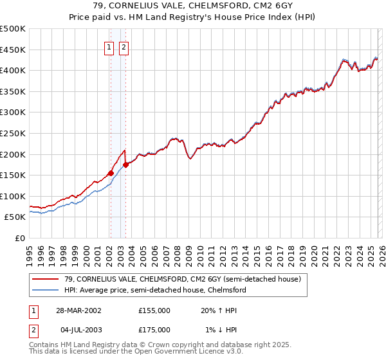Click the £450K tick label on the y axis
coord(13,50)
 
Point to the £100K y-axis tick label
coord(13,196)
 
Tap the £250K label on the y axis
coord(13,133)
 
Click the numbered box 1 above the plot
coord(109,47)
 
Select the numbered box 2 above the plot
coord(124,47)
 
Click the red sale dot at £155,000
coord(111,173)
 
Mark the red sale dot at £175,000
coord(125,165)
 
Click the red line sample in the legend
coord(46,279)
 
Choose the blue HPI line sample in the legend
coord(46,290)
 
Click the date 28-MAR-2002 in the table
coord(78,310)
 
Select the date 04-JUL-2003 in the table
coord(78,329)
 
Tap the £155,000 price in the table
coord(154,310)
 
